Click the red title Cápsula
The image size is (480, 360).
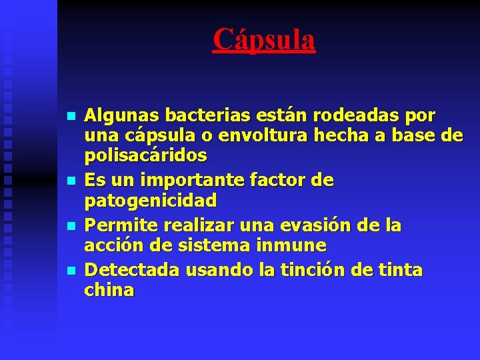tap(264, 39)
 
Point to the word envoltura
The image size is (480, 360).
tap(253, 135)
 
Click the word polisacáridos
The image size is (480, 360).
tap(145, 155)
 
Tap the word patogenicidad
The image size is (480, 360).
tap(150, 200)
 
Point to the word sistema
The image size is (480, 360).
tap(214, 245)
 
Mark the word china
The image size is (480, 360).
tap(109, 290)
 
